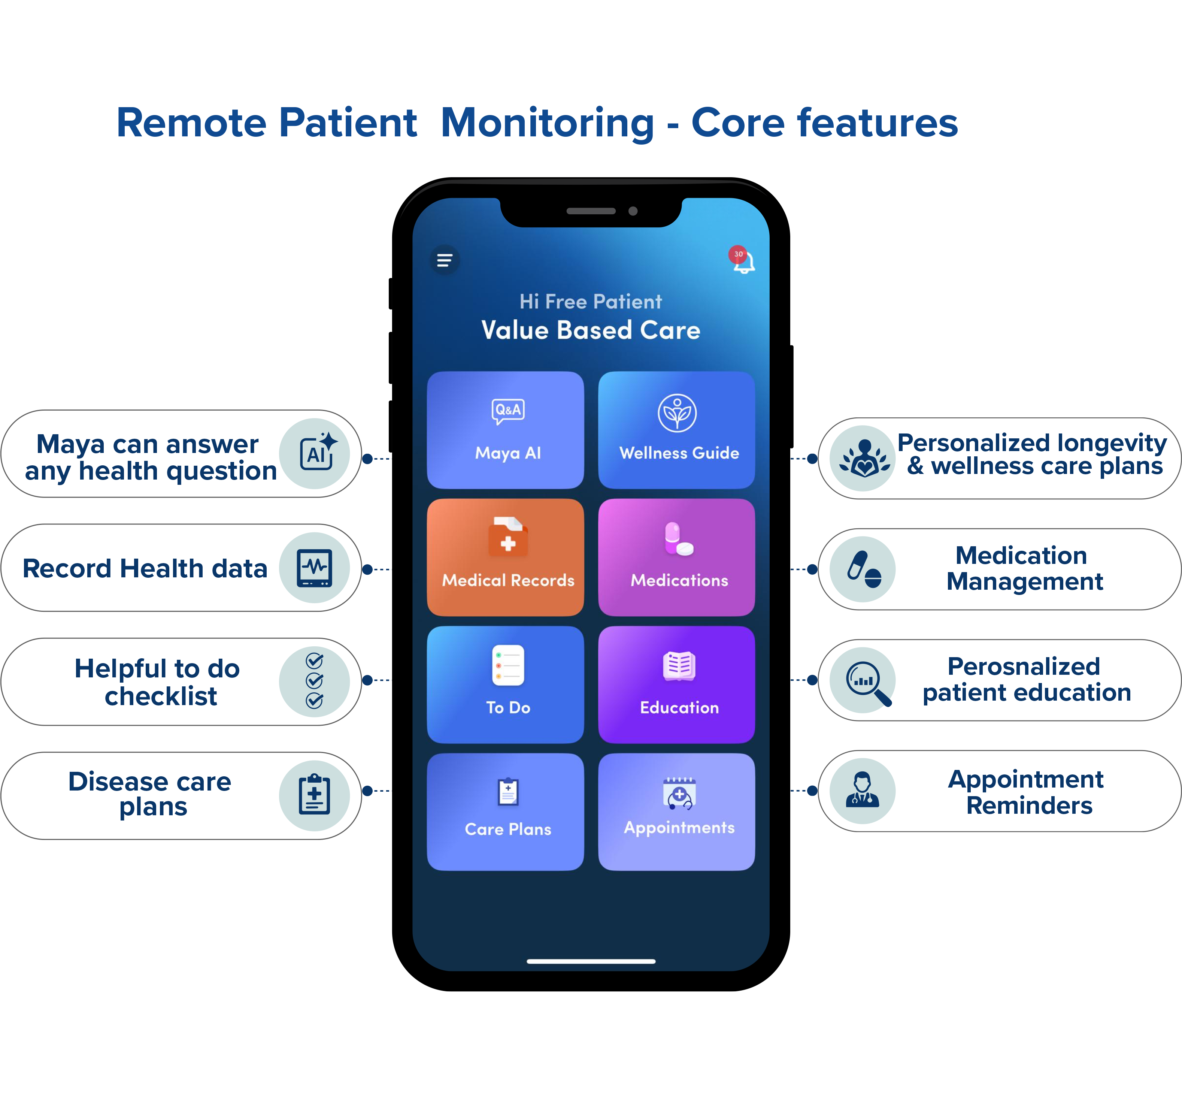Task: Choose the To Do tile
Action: point(506,685)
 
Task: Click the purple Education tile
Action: point(676,685)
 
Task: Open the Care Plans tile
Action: point(506,812)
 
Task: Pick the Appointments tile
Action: point(676,812)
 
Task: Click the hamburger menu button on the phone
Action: point(445,260)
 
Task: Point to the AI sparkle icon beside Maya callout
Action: point(315,453)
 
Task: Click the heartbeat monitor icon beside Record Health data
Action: point(315,568)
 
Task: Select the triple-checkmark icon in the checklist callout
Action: point(315,681)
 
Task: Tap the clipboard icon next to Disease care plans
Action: point(315,795)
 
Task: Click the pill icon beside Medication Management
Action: point(863,569)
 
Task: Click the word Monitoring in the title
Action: point(547,124)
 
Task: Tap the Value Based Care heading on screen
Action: point(590,330)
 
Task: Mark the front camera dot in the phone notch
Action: point(633,211)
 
